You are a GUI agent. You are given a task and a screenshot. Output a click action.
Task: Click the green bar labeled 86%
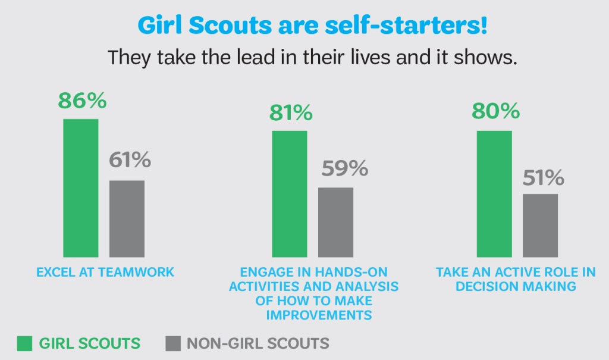[81, 188]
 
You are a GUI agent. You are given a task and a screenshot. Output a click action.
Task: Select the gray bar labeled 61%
[127, 218]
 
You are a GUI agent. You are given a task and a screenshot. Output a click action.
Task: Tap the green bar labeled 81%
[290, 194]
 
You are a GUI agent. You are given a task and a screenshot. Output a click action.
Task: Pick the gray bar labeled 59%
[335, 222]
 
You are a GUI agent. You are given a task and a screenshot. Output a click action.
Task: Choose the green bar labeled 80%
[494, 194]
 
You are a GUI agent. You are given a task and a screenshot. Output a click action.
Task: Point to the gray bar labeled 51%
[540, 225]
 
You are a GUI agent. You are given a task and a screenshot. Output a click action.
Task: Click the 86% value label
[82, 101]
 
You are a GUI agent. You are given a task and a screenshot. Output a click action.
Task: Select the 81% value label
[290, 112]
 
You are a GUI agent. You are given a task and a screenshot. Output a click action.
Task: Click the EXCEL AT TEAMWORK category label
[105, 273]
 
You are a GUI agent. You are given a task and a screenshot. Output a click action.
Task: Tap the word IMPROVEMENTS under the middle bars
[319, 315]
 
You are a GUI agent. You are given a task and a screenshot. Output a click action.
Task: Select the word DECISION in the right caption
[487, 286]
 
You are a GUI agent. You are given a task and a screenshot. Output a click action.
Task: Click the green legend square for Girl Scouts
[25, 343]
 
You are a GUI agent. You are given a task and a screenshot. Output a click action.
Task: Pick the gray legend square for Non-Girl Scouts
[172, 343]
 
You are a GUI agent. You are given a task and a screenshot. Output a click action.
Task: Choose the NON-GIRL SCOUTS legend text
[258, 343]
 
